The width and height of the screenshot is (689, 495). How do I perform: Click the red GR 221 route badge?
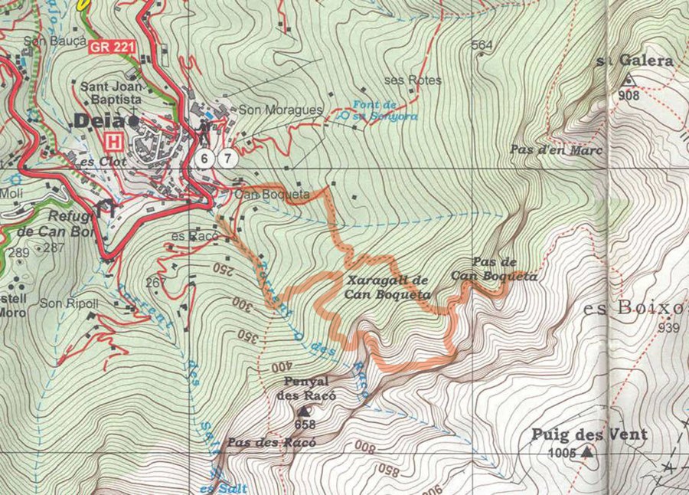[113, 48]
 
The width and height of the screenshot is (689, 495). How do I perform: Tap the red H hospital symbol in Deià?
[115, 142]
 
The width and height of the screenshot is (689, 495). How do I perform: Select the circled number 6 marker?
[204, 159]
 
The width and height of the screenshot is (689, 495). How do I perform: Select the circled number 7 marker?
[227, 159]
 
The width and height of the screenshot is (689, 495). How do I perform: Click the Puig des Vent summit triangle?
[587, 453]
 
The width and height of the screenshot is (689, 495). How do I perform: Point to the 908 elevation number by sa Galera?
[629, 95]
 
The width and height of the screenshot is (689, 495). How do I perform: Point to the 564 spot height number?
[482, 45]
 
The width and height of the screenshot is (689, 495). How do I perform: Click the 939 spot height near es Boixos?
[669, 328]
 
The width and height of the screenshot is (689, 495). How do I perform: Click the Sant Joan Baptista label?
[111, 93]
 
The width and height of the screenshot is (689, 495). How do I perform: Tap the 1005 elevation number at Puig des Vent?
[561, 453]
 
